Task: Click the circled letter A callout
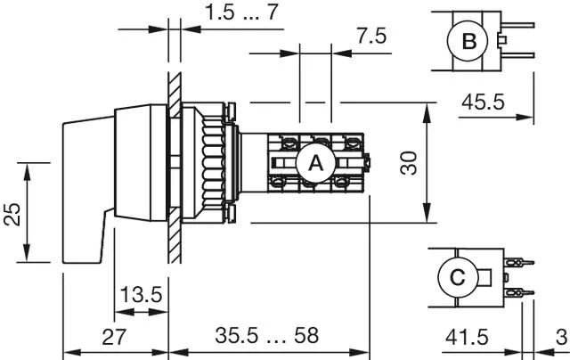[x=314, y=164]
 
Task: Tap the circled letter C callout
[x=458, y=278]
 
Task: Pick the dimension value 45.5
[x=483, y=102]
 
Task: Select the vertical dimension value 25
[x=12, y=214]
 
